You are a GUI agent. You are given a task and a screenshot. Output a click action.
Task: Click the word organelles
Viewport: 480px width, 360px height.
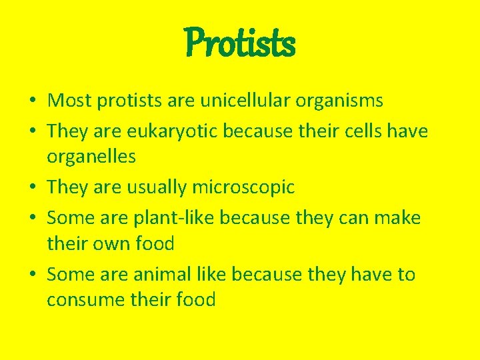tap(91, 157)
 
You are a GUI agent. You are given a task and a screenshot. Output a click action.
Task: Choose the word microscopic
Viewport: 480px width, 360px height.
tap(243, 187)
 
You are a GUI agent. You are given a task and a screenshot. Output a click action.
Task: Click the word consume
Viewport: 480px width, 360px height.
tap(87, 300)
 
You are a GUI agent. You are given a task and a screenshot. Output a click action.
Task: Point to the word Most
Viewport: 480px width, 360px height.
tap(70, 101)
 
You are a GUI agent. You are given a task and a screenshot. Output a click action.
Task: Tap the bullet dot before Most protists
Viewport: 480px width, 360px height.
tap(32, 101)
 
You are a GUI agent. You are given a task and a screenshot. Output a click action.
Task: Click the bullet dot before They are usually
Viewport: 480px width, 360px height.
tap(32, 188)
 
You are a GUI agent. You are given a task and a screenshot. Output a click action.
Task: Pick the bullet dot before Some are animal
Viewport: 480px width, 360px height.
tap(32, 275)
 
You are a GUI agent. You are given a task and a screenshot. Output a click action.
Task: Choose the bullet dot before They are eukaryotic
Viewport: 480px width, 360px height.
tap(32, 132)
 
